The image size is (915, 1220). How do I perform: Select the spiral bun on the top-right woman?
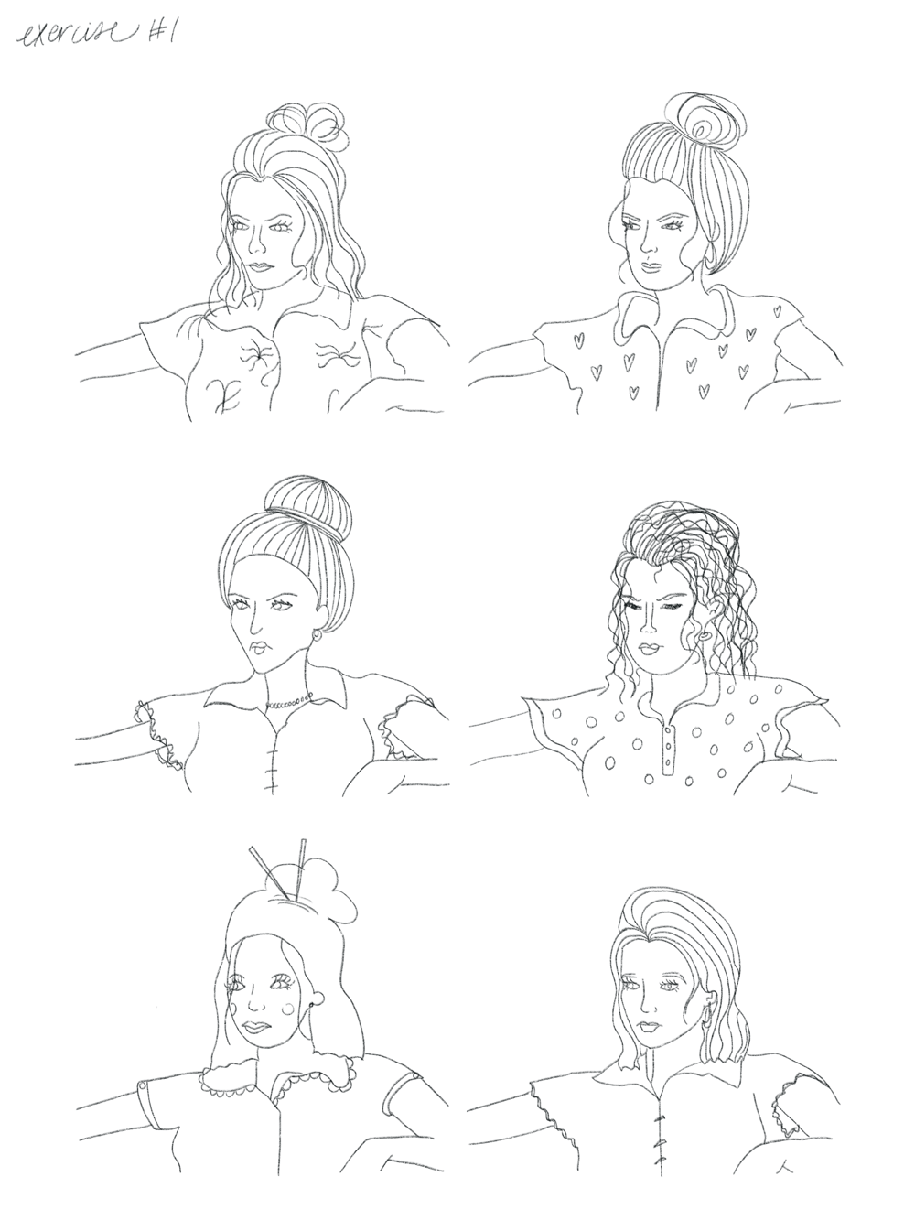712,120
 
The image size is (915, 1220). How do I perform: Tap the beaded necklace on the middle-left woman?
289,703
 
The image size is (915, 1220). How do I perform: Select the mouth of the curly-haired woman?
651,648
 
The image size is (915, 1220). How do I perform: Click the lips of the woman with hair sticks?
261,1024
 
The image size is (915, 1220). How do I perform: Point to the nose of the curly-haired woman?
648,628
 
